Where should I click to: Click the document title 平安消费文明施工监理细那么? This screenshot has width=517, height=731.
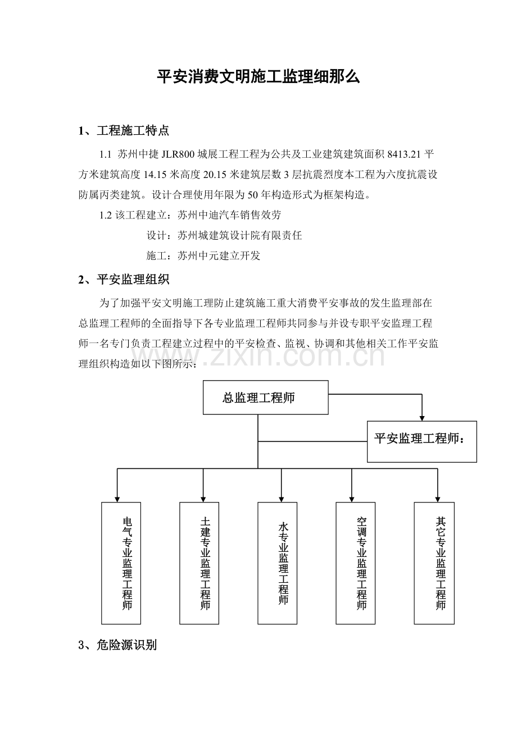pos(258,77)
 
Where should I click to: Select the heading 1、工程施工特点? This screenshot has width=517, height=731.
pos(124,131)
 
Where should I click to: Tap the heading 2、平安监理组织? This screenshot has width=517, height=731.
pos(124,280)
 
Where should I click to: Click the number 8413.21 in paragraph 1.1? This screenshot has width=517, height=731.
pos(403,154)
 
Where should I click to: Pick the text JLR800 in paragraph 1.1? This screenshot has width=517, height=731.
pos(178,154)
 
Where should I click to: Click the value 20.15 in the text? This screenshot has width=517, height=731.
pos(215,175)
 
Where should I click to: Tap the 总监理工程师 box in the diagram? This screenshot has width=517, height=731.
pos(265,398)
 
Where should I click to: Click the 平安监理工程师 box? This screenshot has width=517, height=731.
pos(421,441)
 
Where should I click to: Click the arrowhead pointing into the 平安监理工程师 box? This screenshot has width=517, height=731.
pos(422,418)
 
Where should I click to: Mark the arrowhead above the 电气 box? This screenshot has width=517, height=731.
pos(117,499)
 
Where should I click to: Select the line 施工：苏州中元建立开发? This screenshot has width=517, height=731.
pos(203,255)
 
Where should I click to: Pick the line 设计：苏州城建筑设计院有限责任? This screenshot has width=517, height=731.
pos(224,235)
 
